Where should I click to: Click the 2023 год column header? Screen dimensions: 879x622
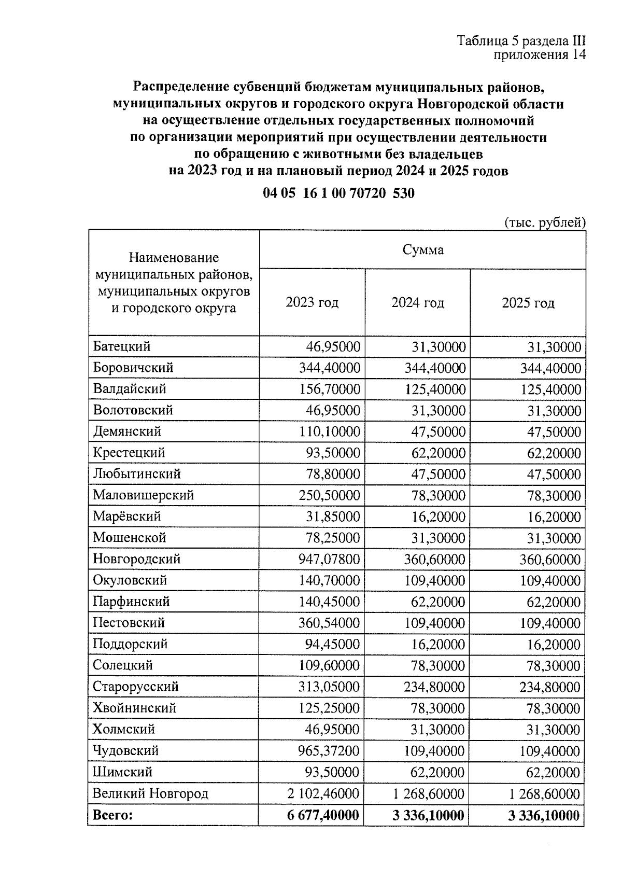[x=312, y=302]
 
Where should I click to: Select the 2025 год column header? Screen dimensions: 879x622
[x=528, y=302]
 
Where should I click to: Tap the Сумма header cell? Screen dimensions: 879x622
[x=423, y=250]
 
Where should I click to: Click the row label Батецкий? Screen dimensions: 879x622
[x=122, y=346]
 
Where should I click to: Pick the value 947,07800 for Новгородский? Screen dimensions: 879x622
[x=329, y=560]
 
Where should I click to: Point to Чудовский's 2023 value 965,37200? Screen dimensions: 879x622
[x=329, y=751]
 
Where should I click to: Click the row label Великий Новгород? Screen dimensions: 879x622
[x=150, y=793]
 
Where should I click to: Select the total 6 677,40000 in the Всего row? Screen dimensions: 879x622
[x=323, y=815]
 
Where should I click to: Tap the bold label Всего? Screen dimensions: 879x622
[x=112, y=815]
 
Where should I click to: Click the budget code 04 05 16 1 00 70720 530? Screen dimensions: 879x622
[x=338, y=193]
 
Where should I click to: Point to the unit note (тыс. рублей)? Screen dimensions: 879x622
[x=545, y=222]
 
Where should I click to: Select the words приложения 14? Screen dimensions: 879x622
[x=539, y=55]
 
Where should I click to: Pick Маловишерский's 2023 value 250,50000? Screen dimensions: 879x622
[x=329, y=495]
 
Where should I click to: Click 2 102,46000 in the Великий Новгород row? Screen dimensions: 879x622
[x=323, y=794]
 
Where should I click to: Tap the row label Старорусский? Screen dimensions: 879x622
[x=135, y=687]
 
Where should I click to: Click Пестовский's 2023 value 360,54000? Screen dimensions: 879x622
[x=329, y=623]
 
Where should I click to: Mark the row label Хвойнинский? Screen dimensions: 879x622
[x=134, y=708]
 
